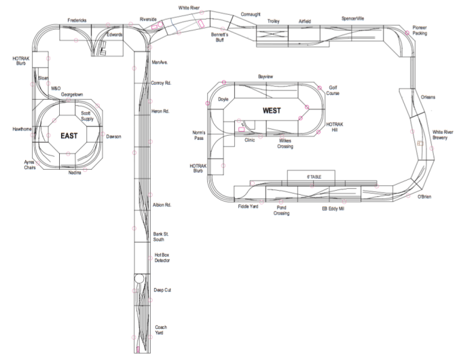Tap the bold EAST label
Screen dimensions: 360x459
click(69, 135)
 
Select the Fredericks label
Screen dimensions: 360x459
click(77, 20)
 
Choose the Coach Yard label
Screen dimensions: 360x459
click(161, 330)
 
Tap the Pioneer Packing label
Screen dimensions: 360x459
click(420, 31)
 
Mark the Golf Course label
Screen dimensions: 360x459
click(333, 90)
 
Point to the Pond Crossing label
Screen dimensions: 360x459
click(282, 210)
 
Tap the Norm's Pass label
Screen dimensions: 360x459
click(198, 134)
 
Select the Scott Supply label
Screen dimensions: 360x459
click(87, 116)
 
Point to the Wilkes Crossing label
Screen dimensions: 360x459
click(285, 143)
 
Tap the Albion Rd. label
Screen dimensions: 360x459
click(161, 204)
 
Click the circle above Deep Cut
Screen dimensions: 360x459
click(139, 278)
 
